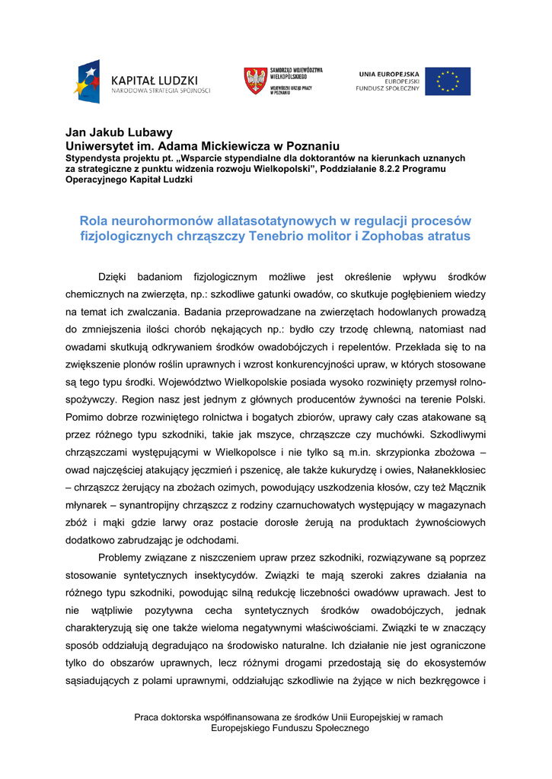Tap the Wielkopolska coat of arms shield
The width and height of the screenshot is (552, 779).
255,81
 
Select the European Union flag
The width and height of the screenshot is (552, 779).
447,81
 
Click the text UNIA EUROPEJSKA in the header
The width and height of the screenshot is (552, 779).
388,73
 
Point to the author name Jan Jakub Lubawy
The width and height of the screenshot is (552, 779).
119,132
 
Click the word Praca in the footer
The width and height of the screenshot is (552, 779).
146,717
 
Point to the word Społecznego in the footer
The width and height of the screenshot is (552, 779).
339,728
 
